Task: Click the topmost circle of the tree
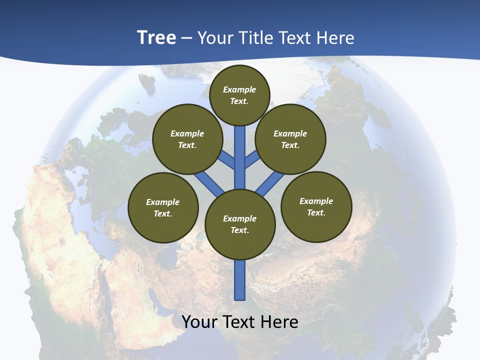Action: point(239,95)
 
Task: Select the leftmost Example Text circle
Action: point(163,207)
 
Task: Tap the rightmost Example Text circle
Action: point(316,206)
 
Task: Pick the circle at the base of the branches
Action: point(240,224)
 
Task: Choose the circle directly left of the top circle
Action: point(187,139)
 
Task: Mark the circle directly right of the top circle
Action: point(290,139)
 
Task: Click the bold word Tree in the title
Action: point(156,37)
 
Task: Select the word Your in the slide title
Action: point(216,37)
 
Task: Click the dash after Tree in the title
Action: point(187,38)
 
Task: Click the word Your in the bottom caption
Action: point(199,321)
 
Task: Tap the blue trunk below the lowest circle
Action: point(240,280)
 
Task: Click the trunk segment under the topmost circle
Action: point(240,150)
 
